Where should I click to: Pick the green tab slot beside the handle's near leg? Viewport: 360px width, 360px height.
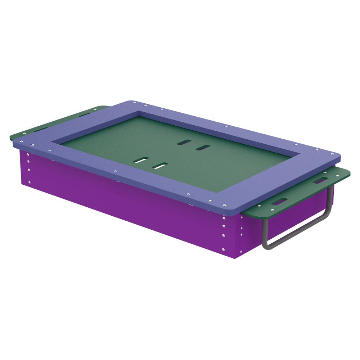(x=279, y=201)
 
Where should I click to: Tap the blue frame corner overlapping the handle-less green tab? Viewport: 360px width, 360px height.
(x=16, y=144)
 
